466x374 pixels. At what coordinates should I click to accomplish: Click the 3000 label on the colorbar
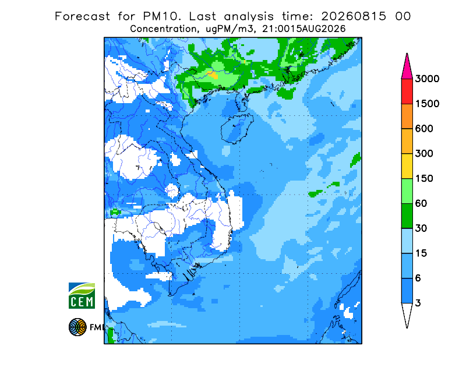point(427,79)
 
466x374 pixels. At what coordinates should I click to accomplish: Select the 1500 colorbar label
point(427,104)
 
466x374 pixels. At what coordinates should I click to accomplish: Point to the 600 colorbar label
point(424,129)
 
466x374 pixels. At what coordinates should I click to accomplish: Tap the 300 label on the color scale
point(424,154)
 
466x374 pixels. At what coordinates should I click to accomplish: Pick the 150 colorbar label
point(424,179)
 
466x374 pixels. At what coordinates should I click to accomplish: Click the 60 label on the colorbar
point(421,204)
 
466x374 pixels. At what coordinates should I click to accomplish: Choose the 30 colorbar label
point(421,228)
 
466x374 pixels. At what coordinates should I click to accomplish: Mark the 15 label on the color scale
point(421,253)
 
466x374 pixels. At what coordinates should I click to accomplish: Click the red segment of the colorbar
point(407,91)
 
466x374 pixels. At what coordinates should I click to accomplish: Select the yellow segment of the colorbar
point(407,166)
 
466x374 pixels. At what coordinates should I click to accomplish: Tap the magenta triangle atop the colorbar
point(407,68)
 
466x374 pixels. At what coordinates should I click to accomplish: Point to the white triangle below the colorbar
point(407,313)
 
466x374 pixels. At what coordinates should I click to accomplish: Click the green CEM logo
point(82,295)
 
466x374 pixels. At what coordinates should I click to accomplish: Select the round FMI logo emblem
point(77,327)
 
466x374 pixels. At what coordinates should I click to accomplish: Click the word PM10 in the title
point(162,16)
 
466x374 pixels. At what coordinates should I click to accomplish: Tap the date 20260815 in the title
point(354,16)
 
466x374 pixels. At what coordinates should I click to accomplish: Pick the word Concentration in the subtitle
point(163,29)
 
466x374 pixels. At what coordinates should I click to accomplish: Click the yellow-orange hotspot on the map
point(213,75)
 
